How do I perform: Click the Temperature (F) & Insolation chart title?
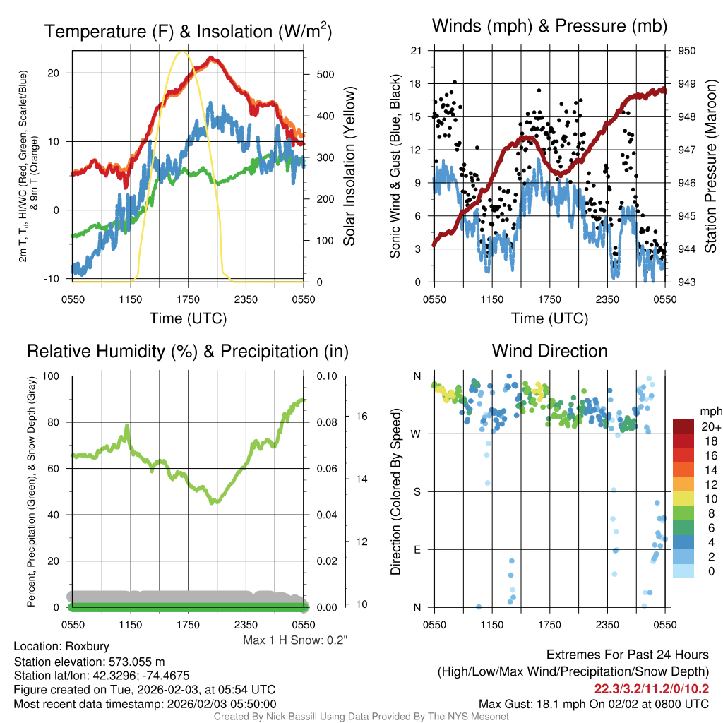pos(188,31)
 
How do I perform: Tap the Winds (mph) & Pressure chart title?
pos(549,26)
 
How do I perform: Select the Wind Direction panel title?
pos(549,351)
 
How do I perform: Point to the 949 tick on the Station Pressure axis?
pos(686,84)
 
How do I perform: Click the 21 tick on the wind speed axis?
pos(416,51)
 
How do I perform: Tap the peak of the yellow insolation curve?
pos(183,52)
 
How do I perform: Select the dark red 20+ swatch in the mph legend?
pos(684,426)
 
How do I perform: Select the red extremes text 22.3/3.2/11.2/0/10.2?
pos(651,688)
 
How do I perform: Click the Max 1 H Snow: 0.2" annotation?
pos(296,640)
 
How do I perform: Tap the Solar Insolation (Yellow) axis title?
pos(349,166)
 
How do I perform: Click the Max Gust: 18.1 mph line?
pos(593,703)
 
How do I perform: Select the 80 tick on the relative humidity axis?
pos(54,422)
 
